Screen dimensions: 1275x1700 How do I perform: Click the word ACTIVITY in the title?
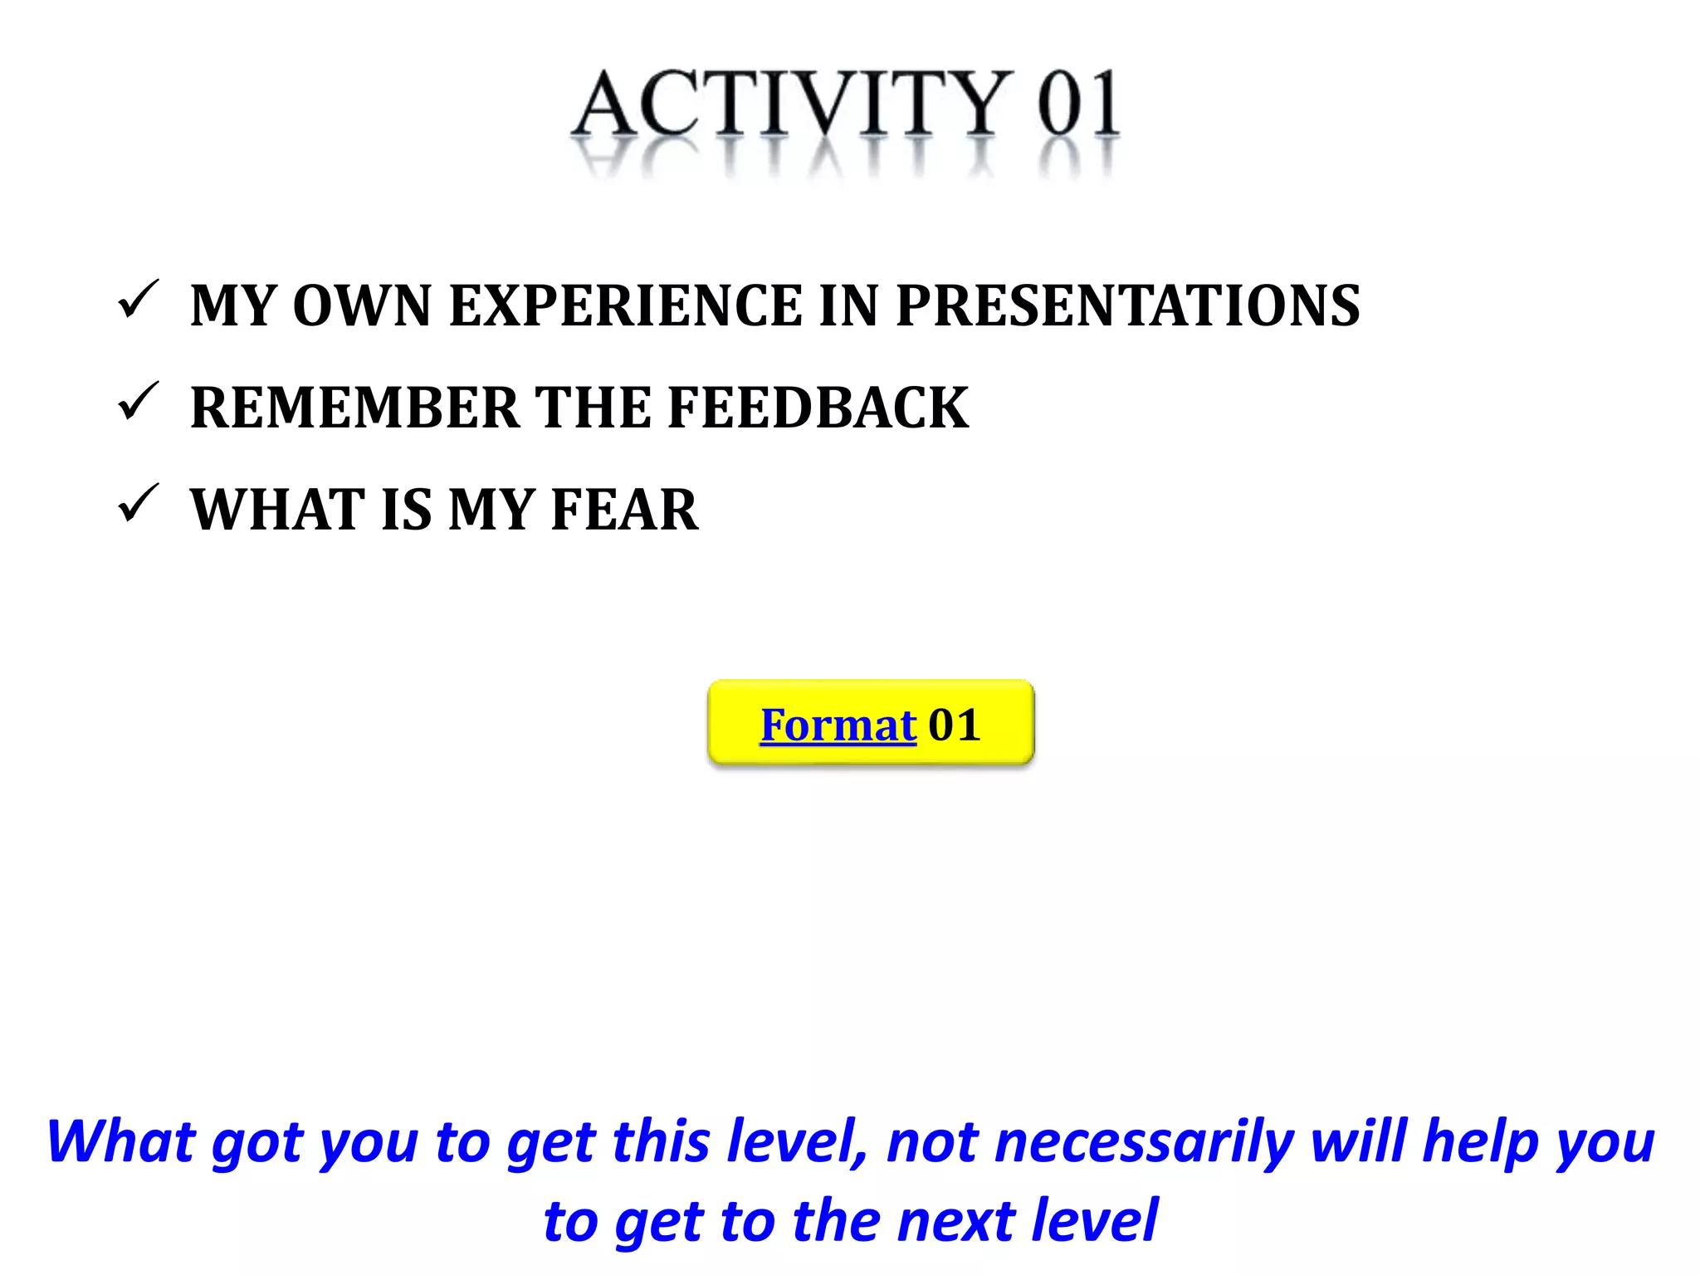point(793,104)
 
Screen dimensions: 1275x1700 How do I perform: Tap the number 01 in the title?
point(1078,104)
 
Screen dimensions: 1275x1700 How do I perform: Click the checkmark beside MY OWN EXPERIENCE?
point(138,300)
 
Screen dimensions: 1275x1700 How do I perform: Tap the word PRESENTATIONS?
point(1128,305)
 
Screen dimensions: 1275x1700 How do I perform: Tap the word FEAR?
point(624,510)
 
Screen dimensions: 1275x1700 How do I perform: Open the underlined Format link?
point(838,725)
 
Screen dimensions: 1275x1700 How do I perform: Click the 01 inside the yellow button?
point(955,725)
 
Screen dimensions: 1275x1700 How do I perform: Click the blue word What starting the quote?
point(120,1141)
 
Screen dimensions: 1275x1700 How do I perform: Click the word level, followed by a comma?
point(797,1141)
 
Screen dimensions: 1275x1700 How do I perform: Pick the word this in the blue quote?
point(660,1141)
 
